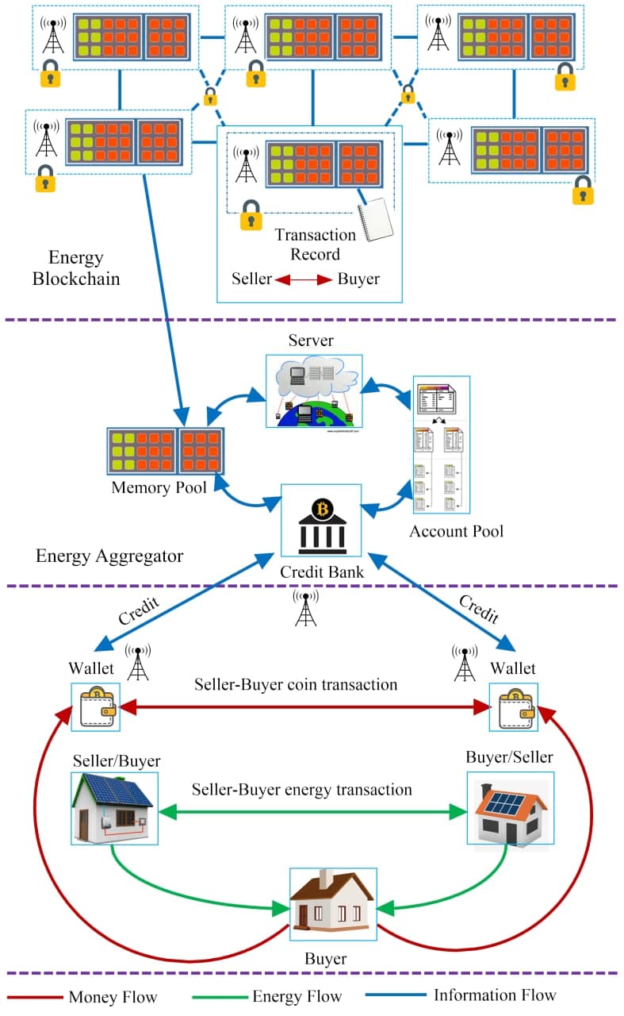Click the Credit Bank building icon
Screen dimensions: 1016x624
click(x=322, y=521)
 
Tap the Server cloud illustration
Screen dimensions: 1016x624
click(x=313, y=391)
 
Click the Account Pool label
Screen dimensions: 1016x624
click(x=456, y=531)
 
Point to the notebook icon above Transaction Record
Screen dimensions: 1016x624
click(x=376, y=220)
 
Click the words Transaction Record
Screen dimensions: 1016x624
click(x=315, y=244)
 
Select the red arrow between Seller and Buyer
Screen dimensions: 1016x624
click(x=304, y=279)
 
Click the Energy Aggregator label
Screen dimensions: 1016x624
click(x=109, y=556)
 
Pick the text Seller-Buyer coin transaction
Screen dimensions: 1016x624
click(x=296, y=684)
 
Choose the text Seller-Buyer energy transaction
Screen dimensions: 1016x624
click(x=302, y=790)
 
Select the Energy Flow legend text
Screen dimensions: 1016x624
click(x=297, y=996)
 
